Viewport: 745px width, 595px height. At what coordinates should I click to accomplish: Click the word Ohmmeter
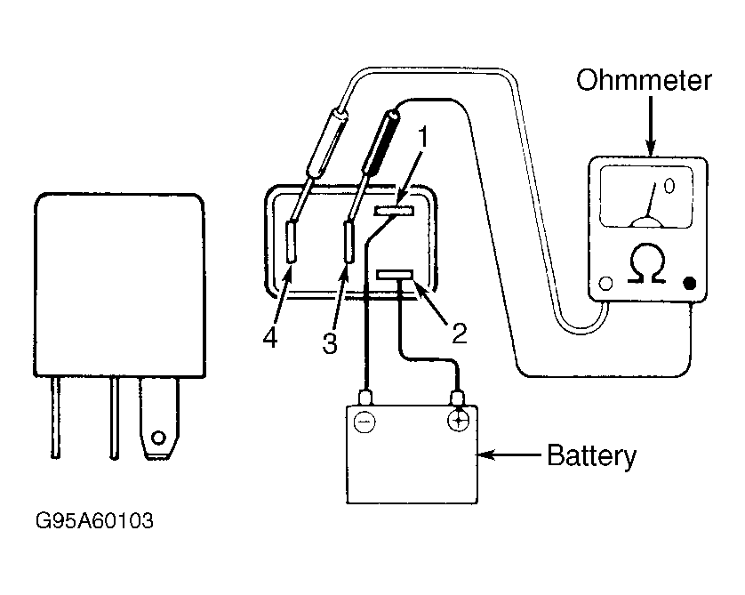(644, 80)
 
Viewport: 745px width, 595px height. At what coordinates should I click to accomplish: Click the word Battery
(591, 455)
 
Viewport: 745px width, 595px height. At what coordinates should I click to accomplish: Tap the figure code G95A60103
(94, 521)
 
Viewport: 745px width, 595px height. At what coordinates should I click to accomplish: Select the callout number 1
(422, 137)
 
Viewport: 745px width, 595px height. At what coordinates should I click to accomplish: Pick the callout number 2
(460, 334)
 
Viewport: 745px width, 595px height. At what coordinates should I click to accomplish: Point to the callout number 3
(330, 343)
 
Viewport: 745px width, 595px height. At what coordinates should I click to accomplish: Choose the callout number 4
(270, 338)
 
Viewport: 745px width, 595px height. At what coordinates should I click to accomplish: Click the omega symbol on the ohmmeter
(647, 264)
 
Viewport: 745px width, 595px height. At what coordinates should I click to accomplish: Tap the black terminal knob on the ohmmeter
(689, 283)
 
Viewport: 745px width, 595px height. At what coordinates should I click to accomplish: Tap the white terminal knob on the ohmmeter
(605, 283)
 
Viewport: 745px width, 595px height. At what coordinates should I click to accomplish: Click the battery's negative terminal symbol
(364, 422)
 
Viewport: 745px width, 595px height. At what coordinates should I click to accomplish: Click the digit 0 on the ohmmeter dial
(669, 186)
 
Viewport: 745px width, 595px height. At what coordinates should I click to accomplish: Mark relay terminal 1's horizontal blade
(394, 211)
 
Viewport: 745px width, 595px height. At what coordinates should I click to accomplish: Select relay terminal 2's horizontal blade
(395, 275)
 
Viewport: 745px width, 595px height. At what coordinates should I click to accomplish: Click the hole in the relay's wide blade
(158, 438)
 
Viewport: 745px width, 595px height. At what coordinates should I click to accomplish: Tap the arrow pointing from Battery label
(509, 454)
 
